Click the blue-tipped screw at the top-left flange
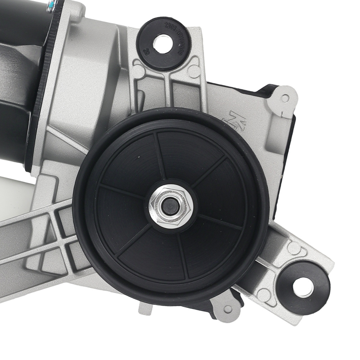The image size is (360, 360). pos(53,4)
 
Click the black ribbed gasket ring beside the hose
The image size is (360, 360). pos(40,90)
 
